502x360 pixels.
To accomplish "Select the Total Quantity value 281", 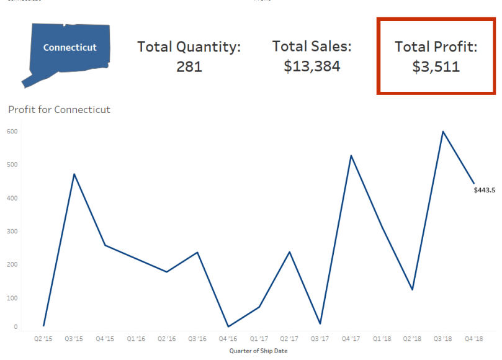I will [x=189, y=66].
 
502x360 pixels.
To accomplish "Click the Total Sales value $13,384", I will [x=312, y=66].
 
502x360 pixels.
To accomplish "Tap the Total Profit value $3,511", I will [x=436, y=66].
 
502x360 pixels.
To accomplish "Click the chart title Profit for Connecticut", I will [x=59, y=110].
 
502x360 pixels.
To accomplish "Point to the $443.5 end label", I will [x=485, y=190].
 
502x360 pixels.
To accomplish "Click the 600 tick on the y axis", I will [x=12, y=132].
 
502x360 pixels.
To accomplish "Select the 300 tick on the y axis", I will [x=12, y=232].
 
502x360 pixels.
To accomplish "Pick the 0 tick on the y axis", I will [x=16, y=327].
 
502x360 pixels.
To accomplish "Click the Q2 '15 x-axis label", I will [x=43, y=339].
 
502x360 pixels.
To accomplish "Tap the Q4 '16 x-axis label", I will [x=228, y=339].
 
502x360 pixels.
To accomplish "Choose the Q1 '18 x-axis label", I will [x=382, y=339].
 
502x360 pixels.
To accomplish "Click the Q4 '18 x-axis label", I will [x=474, y=339].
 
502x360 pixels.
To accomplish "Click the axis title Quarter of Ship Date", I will [x=258, y=351].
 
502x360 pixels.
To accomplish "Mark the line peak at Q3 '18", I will [x=443, y=132].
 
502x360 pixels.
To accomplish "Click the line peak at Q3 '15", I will [x=74, y=174].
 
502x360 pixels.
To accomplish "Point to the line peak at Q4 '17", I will [x=351, y=155].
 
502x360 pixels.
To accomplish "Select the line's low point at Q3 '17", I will [x=320, y=323].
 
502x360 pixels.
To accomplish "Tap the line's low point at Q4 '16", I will [x=228, y=326].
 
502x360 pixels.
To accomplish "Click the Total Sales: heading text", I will [x=312, y=47].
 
